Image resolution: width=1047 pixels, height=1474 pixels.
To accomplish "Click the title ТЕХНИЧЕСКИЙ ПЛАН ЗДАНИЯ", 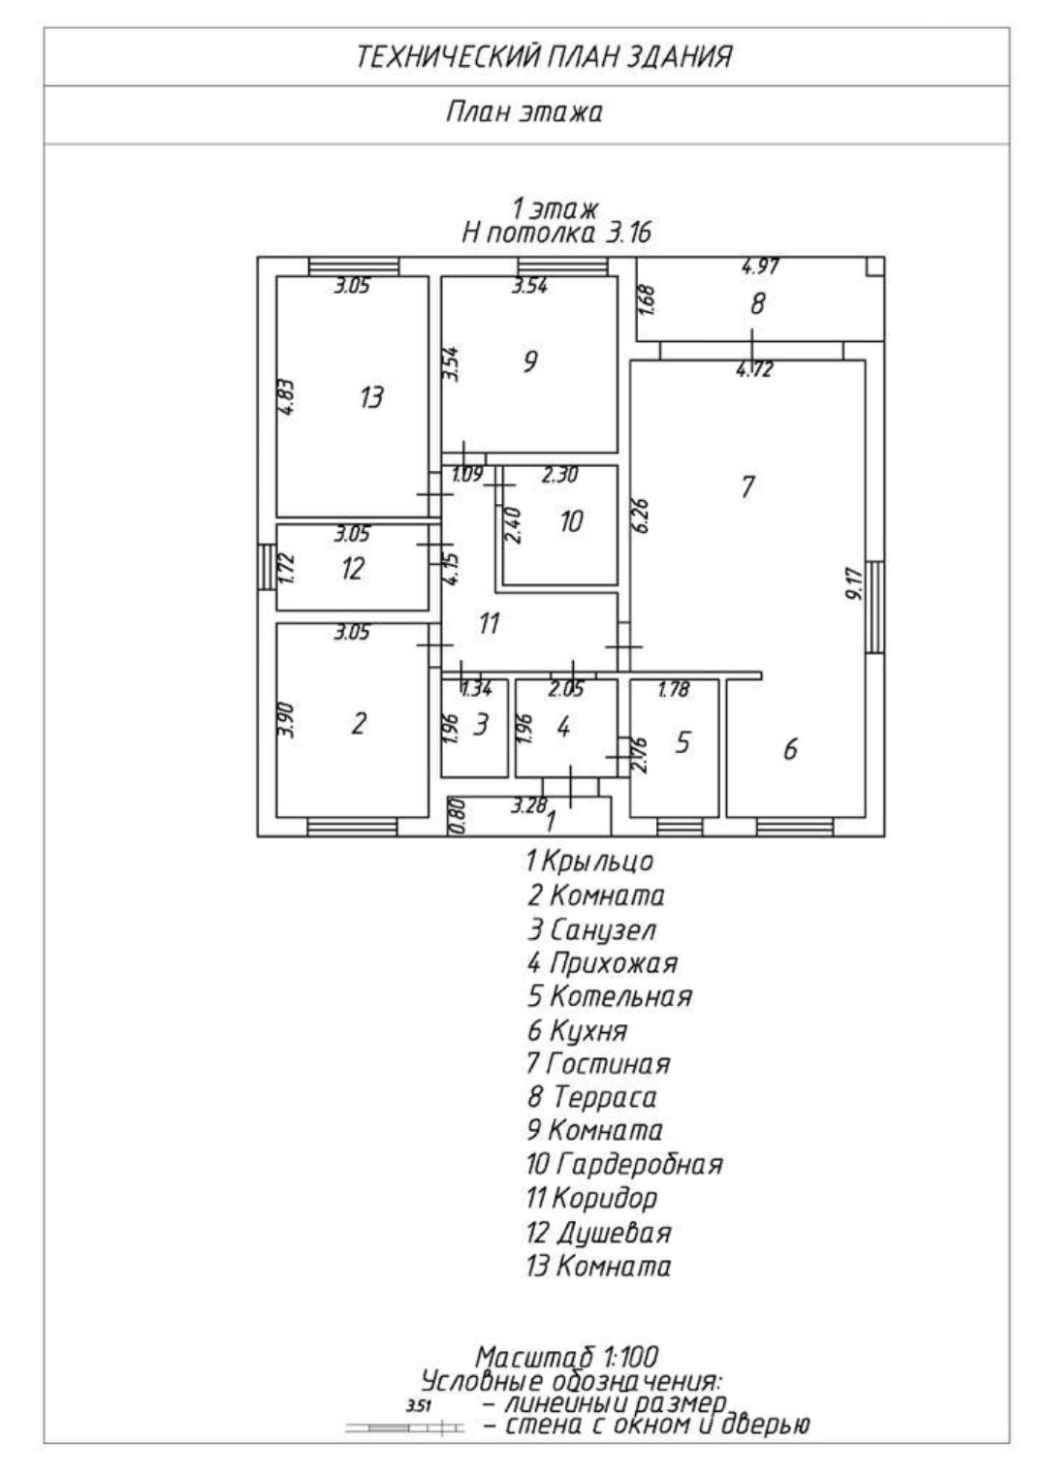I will [544, 57].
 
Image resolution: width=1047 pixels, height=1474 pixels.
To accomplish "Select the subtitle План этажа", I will [523, 112].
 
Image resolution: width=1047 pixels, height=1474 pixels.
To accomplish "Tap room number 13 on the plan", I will [370, 396].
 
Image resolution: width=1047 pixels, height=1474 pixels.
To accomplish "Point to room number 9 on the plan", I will [529, 362].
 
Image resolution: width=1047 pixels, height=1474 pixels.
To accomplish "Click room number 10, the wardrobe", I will [571, 521].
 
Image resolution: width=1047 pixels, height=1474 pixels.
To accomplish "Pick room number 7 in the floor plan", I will [746, 486].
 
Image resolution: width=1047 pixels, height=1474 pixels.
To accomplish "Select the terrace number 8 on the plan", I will [757, 304].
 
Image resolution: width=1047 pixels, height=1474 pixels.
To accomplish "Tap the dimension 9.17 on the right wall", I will [853, 581].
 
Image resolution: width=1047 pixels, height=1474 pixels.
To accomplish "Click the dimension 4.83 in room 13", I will [288, 397].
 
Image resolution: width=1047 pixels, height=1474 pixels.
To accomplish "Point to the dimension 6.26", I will [641, 516].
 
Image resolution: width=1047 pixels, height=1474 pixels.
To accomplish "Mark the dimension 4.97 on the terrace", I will [761, 267].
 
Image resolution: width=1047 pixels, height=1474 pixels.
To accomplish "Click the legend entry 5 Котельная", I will [610, 996].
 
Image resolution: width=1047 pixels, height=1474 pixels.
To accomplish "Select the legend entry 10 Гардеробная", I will [624, 1163].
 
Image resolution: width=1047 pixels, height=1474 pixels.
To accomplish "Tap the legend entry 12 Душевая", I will [598, 1233].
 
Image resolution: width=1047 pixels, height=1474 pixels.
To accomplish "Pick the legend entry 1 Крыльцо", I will [589, 861].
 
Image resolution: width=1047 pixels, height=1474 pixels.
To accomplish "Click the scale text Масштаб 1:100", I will [567, 1357].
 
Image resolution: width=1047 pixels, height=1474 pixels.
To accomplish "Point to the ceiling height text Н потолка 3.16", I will [556, 233].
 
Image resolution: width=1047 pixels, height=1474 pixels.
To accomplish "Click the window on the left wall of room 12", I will [264, 567].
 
